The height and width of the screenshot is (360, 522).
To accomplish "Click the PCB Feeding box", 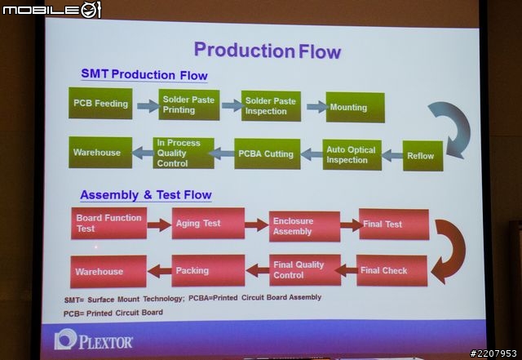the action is pos(100,104).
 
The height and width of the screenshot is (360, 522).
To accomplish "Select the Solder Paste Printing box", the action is pos(189,104).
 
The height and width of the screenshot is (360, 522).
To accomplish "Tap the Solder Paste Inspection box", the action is pos(271,106).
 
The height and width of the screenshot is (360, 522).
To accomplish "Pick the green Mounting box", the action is pos(356,107).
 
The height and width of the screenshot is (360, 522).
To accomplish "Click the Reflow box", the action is pos(422,156).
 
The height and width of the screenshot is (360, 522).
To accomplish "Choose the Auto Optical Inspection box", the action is pos(352,154).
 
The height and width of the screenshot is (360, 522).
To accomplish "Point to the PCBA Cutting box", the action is pos(268,153).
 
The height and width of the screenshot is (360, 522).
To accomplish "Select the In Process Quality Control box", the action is pos(184,153).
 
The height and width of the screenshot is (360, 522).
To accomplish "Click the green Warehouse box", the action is pos(100,153).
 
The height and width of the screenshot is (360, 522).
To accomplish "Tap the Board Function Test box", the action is pos(108,224).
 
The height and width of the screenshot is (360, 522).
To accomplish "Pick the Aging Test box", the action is pos(208,224).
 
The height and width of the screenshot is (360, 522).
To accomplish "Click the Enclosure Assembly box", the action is pos(304,226).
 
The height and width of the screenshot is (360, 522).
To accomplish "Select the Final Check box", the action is pos(391,270).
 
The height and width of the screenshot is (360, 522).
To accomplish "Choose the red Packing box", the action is pos(208,270).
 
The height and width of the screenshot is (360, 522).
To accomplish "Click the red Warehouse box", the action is pos(108,272).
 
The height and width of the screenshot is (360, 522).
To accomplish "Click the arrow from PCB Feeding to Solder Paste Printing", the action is pos(148,106).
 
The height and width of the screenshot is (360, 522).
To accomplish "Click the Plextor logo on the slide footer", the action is pos(94,340).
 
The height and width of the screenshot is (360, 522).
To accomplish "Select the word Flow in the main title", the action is pos(320,51).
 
